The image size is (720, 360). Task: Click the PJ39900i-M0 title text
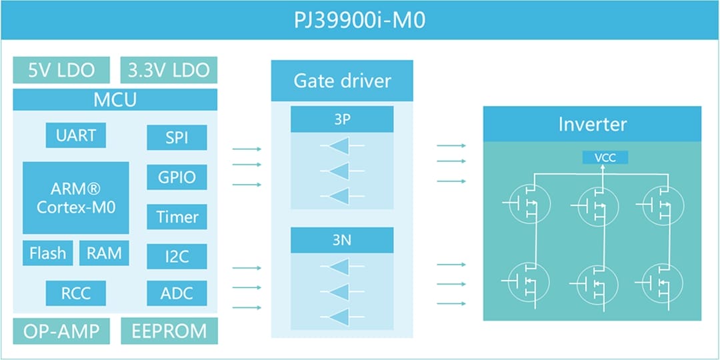click(x=359, y=21)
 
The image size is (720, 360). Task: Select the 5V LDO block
click(x=61, y=70)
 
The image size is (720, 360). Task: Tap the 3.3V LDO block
click(x=169, y=70)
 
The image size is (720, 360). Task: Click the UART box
click(x=76, y=135)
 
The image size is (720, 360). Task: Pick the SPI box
click(x=177, y=138)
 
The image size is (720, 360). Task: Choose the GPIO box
click(x=177, y=177)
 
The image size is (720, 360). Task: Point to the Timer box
click(x=177, y=217)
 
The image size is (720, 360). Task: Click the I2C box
click(x=177, y=256)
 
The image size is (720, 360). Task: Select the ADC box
click(x=177, y=293)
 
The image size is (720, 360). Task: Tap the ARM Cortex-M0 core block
click(x=76, y=197)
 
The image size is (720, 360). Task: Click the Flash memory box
click(x=48, y=253)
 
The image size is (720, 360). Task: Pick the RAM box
click(x=104, y=253)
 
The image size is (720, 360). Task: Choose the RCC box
click(x=76, y=293)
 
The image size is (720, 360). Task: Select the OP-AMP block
click(x=61, y=331)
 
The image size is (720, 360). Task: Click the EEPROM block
click(x=169, y=331)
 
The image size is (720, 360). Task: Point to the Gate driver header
click(x=342, y=81)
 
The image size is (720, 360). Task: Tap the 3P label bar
click(x=342, y=120)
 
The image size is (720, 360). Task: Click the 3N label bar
click(x=342, y=241)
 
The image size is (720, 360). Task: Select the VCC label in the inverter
click(x=605, y=158)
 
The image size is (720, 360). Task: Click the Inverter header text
click(x=592, y=124)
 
